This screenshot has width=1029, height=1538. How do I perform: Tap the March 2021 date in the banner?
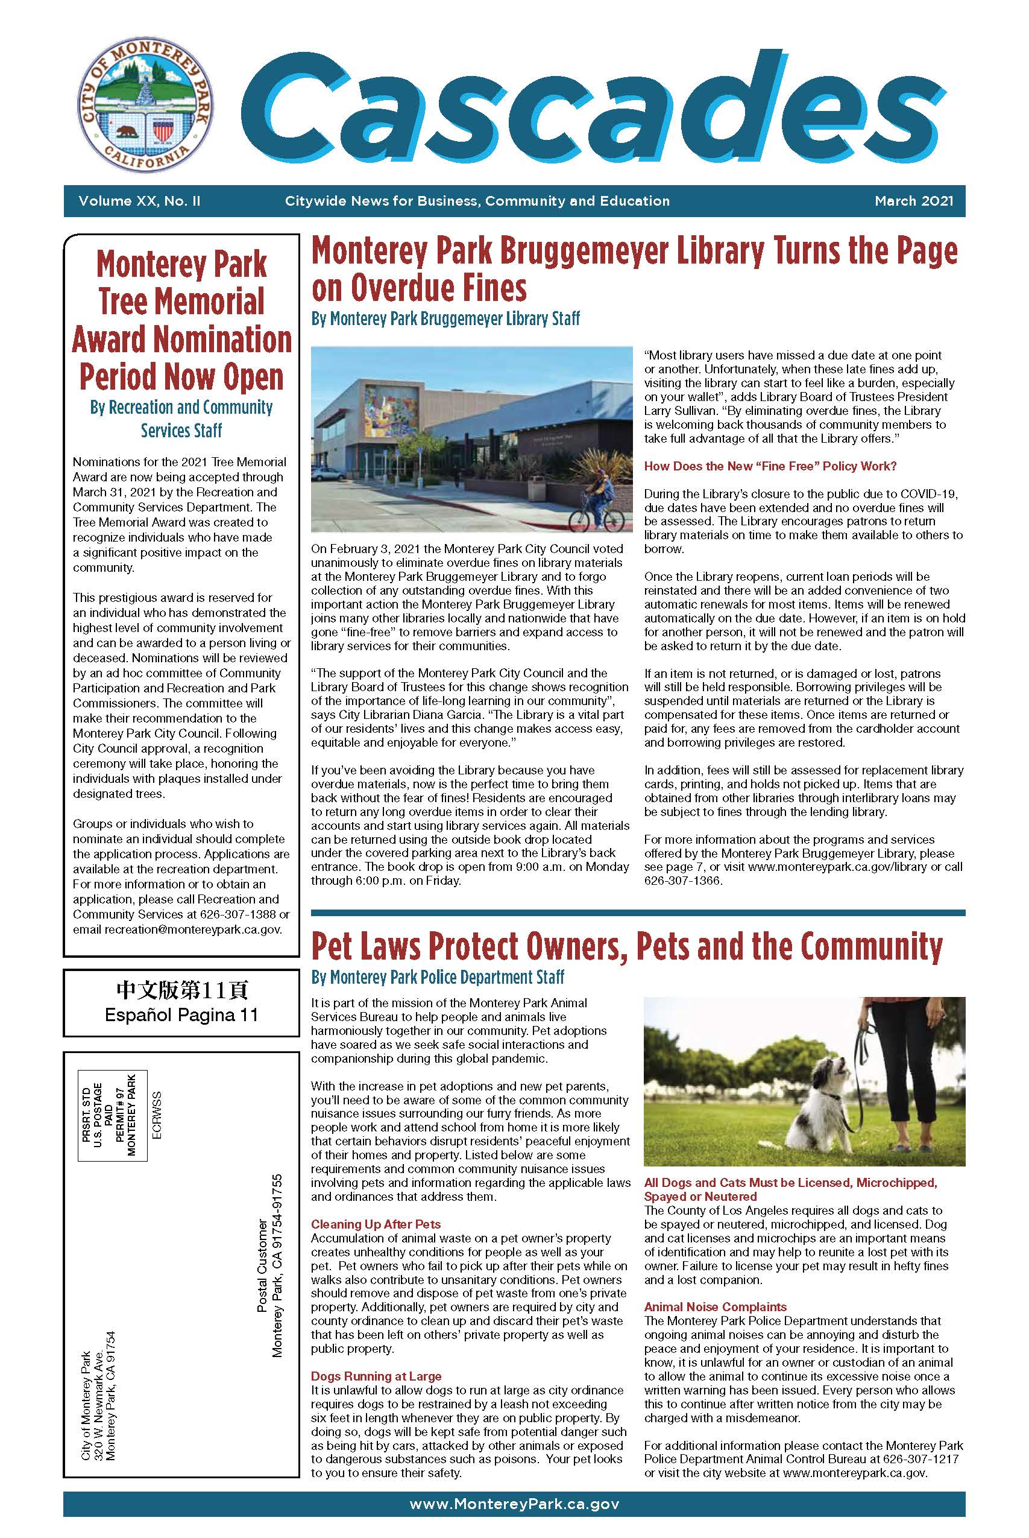913,201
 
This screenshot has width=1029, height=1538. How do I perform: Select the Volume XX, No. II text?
139,201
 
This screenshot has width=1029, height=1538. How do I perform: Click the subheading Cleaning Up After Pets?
376,1224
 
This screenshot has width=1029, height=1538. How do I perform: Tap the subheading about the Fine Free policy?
770,466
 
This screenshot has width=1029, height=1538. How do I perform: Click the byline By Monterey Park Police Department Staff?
438,978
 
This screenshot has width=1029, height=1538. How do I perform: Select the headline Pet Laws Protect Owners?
627,946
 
